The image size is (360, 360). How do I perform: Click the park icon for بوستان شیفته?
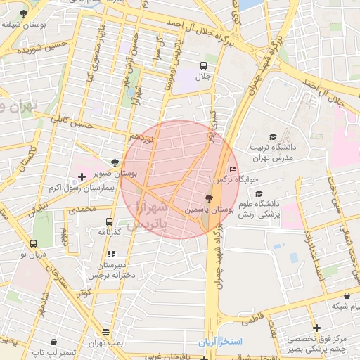24,13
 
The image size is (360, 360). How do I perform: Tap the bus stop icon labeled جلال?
203,65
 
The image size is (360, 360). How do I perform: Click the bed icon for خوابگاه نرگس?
233,169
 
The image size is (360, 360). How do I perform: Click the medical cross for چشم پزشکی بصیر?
316,328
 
